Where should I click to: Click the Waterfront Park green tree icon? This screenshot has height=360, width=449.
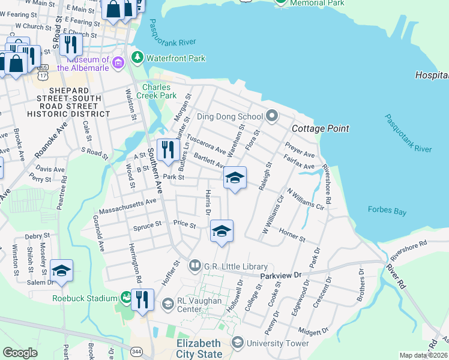pyautogui.click(x=138, y=58)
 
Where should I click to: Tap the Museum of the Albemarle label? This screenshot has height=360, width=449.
pyautogui.click(x=87, y=64)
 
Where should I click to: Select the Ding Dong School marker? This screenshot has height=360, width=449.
pyautogui.click(x=272, y=116)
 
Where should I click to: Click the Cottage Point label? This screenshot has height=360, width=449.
pyautogui.click(x=320, y=129)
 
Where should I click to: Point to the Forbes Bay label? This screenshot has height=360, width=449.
pyautogui.click(x=387, y=210)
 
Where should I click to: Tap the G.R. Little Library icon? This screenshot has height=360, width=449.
pyautogui.click(x=195, y=265)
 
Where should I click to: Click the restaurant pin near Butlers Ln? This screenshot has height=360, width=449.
pyautogui.click(x=168, y=151)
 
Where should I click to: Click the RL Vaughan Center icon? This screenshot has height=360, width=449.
pyautogui.click(x=167, y=305)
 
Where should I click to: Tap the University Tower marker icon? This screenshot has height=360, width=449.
pyautogui.click(x=238, y=343)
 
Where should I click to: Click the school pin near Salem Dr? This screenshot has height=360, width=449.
pyautogui.click(x=61, y=271)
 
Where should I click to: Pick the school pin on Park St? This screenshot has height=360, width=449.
pyautogui.click(x=235, y=178)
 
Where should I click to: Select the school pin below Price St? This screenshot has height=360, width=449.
pyautogui.click(x=221, y=232)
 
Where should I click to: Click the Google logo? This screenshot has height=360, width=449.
pyautogui.click(x=20, y=353)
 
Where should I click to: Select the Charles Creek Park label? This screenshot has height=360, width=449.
pyautogui.click(x=156, y=91)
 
